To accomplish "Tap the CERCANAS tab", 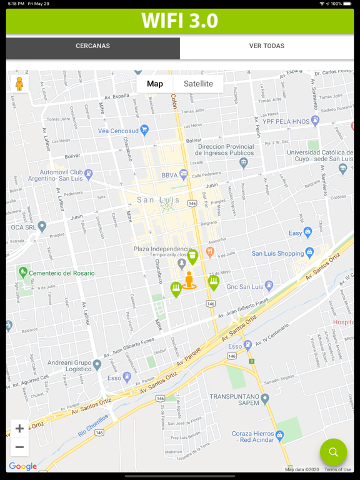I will click(x=92, y=46).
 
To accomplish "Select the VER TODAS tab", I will click(x=267, y=46).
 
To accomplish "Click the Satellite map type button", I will click(x=198, y=84).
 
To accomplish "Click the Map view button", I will click(x=155, y=84).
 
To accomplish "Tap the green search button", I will click(x=333, y=452).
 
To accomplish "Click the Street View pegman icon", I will click(x=19, y=84).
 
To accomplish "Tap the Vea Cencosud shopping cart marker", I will click(x=145, y=131).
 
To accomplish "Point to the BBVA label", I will click(x=169, y=176).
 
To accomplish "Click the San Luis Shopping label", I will click(x=277, y=254).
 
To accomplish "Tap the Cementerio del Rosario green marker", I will click(x=23, y=272).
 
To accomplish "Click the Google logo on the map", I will click(x=22, y=466).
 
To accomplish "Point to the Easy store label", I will click(x=295, y=233).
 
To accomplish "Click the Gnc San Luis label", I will click(x=244, y=286).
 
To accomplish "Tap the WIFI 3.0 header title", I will click(x=179, y=21).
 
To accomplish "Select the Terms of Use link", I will click(x=337, y=469).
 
